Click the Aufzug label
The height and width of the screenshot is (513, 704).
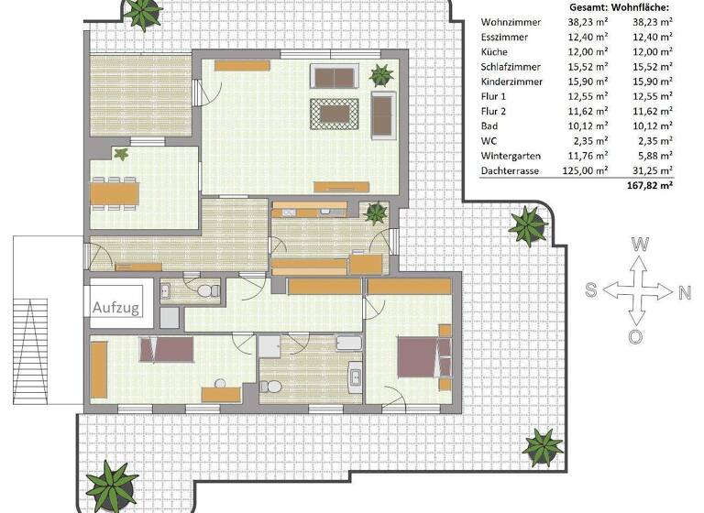pyautogui.click(x=115, y=308)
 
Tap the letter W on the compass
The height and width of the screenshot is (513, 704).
pyautogui.click(x=640, y=245)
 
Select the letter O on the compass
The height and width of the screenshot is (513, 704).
pyautogui.click(x=635, y=336)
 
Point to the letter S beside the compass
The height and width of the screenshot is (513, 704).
pyautogui.click(x=591, y=290)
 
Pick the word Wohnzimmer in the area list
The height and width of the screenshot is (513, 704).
pyautogui.click(x=510, y=22)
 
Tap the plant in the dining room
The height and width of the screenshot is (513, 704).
pyautogui.click(x=119, y=153)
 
